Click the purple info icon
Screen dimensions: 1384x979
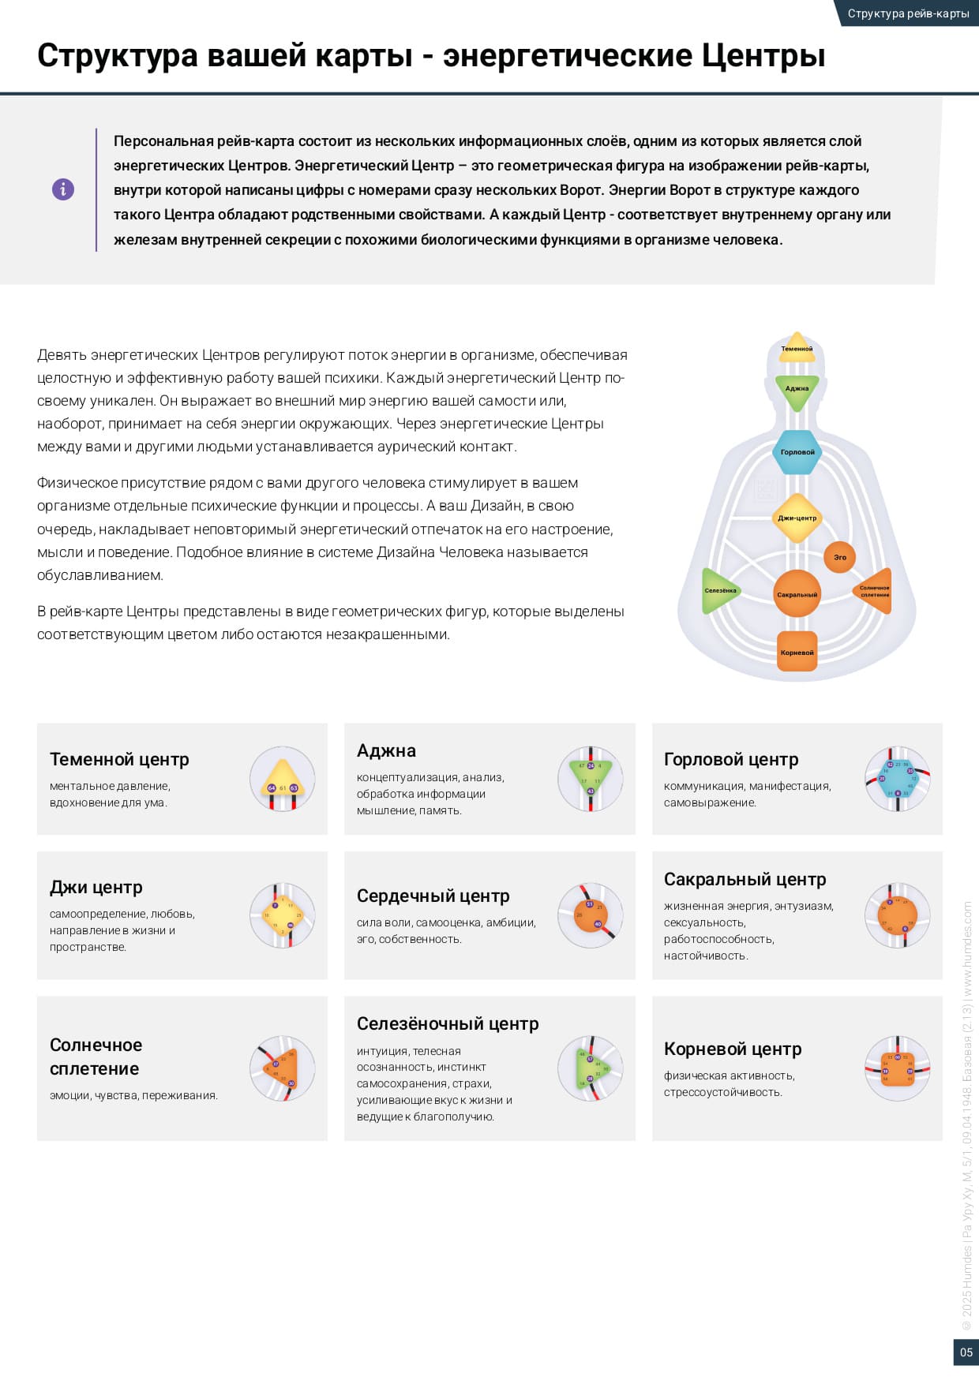point(63,189)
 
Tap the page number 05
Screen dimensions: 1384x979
point(966,1352)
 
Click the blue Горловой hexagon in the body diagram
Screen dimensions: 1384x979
point(797,452)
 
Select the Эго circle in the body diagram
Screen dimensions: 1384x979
point(839,557)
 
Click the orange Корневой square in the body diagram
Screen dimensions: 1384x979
point(797,652)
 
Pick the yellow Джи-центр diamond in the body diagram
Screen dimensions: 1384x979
point(797,518)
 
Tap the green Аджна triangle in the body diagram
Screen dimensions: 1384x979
point(797,390)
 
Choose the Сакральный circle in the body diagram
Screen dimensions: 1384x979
point(797,594)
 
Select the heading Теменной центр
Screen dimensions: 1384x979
point(119,759)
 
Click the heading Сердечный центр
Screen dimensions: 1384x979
point(433,896)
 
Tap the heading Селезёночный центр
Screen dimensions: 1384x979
point(448,1023)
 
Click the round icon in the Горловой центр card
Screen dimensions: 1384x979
point(898,779)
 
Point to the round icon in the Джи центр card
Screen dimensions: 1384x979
point(283,915)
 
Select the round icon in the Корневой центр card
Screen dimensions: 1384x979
point(898,1068)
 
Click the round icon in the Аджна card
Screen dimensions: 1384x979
point(591,779)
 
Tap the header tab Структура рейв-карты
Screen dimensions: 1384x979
point(908,13)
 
